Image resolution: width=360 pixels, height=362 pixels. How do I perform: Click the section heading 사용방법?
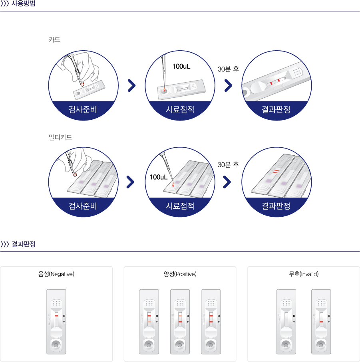23,4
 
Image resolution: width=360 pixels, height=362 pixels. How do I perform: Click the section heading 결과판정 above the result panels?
23,244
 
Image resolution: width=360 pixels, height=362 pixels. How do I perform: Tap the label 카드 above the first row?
54,40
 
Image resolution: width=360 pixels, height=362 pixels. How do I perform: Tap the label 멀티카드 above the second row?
60,137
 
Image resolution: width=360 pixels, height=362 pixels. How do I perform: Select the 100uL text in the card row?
181,67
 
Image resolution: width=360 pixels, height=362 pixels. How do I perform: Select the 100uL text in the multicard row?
159,177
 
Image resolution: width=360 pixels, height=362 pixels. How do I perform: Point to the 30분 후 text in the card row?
228,69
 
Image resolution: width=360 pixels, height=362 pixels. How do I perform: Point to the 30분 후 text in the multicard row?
228,164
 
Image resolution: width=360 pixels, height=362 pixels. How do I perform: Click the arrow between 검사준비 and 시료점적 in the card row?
131,85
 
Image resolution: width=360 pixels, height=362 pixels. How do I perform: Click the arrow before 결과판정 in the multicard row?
227,182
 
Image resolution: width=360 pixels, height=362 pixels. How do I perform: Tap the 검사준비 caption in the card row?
83,109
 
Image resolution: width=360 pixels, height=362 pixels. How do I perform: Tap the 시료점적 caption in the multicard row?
180,206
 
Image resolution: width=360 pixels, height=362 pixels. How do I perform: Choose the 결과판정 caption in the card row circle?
276,109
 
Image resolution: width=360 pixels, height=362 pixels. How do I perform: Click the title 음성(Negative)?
56,274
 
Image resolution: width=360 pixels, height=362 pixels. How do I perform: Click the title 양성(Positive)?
180,274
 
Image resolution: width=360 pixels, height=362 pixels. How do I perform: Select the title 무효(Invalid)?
304,274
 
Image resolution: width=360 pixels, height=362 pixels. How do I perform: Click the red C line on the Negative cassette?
56,316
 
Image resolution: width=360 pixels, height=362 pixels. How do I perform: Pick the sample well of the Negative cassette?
56,345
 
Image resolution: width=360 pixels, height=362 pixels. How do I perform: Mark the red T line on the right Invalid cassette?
321,322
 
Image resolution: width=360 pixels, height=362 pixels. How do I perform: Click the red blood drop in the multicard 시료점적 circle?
173,184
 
